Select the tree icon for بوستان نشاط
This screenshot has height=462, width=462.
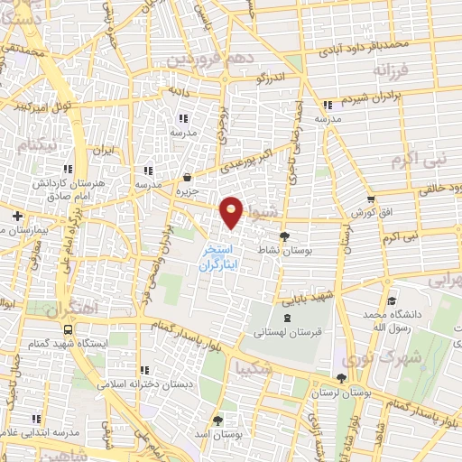pos(285,237)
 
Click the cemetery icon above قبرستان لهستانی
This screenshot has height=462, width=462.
pos(287,319)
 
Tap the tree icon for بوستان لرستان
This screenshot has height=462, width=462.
pos(340,379)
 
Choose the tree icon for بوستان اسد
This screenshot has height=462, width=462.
pos(217,420)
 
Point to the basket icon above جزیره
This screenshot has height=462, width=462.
pos(187,178)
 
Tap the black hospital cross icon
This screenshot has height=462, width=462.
pos(17,216)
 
